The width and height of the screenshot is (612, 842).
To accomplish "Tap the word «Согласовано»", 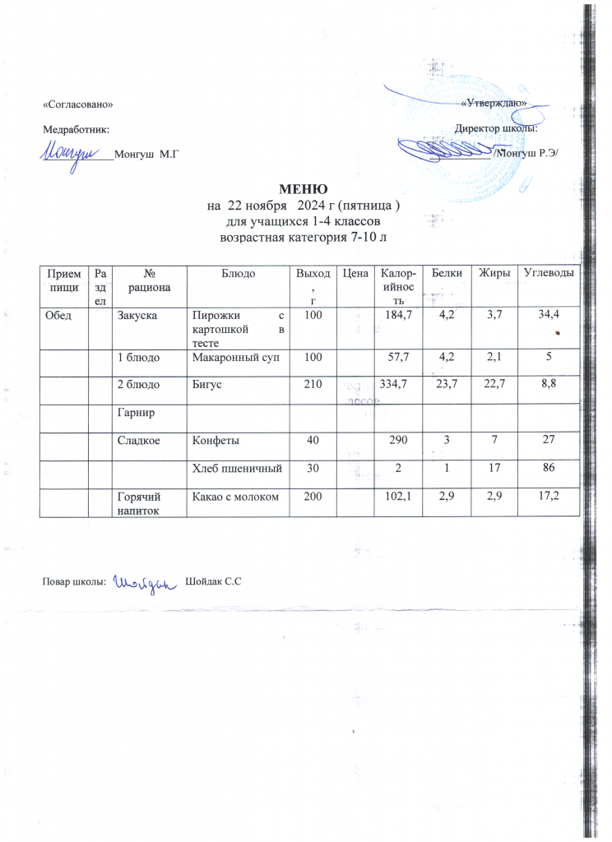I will pyautogui.click(x=77, y=104).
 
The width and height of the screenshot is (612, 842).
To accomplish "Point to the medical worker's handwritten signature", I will pyautogui.click(x=76, y=153).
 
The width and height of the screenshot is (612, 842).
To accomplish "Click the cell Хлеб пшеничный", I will pyautogui.click(x=238, y=468).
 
